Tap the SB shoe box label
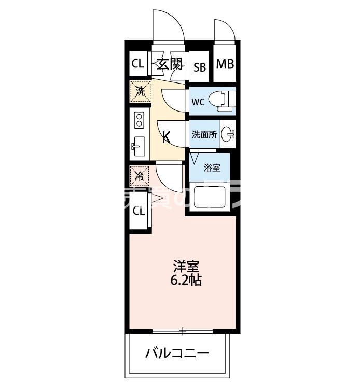(x=200, y=66)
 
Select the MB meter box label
(x=225, y=64)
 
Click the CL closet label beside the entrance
(x=137, y=64)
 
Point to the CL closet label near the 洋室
(x=138, y=211)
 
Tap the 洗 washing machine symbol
(x=140, y=91)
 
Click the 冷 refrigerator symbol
(x=139, y=175)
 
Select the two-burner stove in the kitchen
(x=139, y=120)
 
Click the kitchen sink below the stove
(x=139, y=147)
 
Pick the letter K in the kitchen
(x=166, y=137)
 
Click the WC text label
(x=198, y=102)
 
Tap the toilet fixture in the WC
(x=224, y=101)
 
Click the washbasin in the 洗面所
(x=228, y=134)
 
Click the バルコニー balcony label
(x=177, y=354)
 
